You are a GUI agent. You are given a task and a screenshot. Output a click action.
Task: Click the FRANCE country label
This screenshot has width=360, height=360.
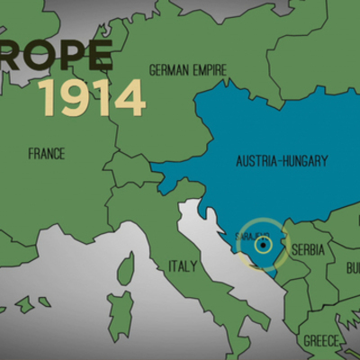tap(46, 154)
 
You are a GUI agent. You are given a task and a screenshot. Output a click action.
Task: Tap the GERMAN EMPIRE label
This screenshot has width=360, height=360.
tap(188, 69)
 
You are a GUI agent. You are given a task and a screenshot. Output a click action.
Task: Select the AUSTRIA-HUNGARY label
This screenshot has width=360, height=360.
tap(282, 161)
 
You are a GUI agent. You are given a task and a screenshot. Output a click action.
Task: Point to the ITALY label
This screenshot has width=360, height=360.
tap(182, 266)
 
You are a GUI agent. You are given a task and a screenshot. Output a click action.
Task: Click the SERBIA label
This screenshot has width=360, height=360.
tap(308, 248)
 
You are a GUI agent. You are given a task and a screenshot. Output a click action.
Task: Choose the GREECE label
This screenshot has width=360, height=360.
tap(321, 341)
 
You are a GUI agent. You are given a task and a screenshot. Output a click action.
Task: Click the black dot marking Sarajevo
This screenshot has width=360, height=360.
tap(262, 243)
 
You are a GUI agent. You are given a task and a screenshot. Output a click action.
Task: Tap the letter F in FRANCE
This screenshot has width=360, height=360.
tap(31, 154)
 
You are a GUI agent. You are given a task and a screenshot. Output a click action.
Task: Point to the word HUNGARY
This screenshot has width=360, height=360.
tap(303, 161)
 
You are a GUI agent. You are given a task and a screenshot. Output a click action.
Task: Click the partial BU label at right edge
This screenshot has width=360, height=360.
tap(352, 268)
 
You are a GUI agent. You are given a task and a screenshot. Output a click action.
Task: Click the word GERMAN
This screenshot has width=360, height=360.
tap(167, 69)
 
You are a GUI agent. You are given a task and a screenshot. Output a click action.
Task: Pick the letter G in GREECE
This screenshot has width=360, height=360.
tap(307, 341)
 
